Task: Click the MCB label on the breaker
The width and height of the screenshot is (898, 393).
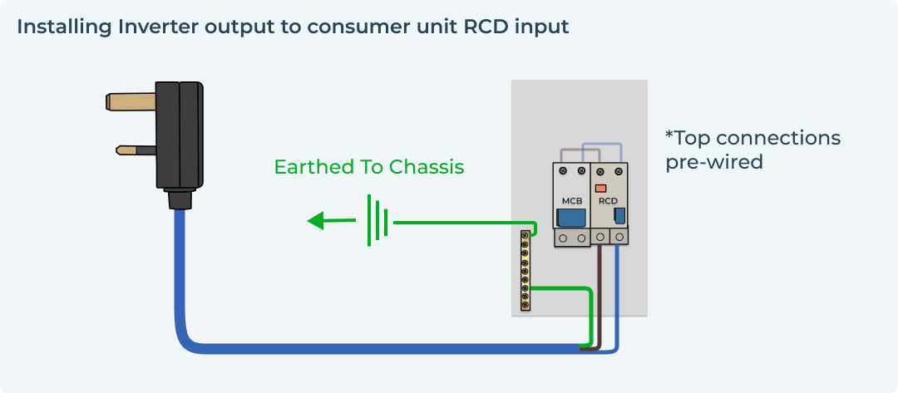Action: coord(571,201)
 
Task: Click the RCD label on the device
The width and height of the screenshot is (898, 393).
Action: coord(608,201)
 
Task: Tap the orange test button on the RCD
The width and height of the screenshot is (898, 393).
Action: coord(600,188)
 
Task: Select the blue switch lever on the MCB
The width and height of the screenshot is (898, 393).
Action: coord(570,218)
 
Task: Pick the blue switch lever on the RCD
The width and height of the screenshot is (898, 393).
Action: coord(619,217)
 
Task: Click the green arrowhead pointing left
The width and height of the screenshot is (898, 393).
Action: coord(316,221)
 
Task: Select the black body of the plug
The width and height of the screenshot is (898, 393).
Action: coord(180,137)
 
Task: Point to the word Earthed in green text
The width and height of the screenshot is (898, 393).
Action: coord(313,167)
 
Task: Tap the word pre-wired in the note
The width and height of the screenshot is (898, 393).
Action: coord(713,161)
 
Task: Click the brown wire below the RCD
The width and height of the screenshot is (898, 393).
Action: coord(600,291)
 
